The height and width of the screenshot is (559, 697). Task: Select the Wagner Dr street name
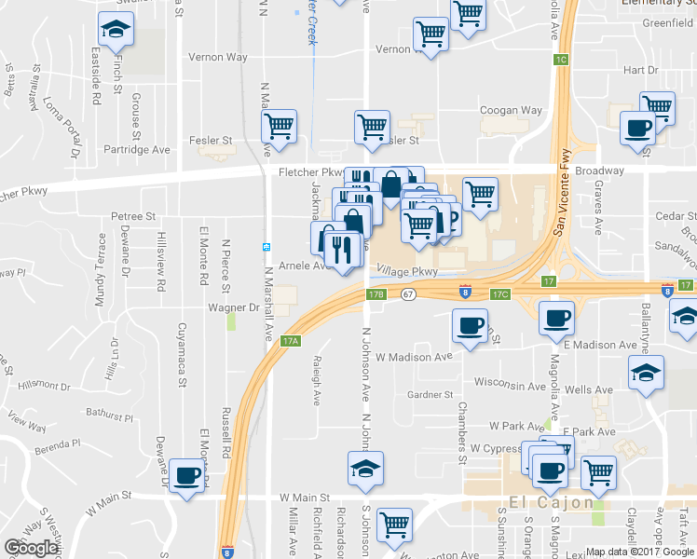point(233,307)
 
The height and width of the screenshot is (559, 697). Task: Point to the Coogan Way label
point(511,110)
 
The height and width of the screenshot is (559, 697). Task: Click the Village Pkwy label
point(407,271)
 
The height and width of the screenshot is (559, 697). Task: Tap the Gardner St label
point(430,395)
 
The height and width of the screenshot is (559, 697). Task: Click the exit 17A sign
point(291,341)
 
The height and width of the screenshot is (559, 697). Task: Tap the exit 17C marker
point(500,294)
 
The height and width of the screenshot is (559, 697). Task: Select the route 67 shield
point(408,294)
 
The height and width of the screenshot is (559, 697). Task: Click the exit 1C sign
point(560,60)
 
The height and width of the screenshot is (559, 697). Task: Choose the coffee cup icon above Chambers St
point(469,326)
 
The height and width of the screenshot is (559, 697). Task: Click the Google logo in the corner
point(31,547)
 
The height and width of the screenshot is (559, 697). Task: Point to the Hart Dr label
point(640,70)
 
